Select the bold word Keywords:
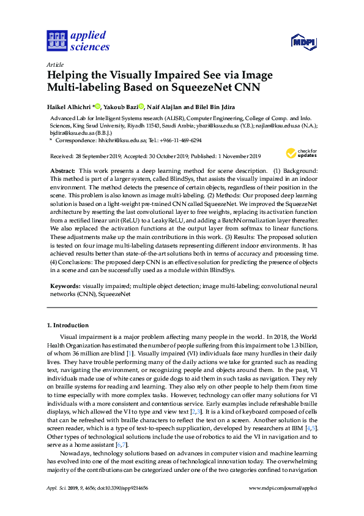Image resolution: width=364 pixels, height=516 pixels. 65,286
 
